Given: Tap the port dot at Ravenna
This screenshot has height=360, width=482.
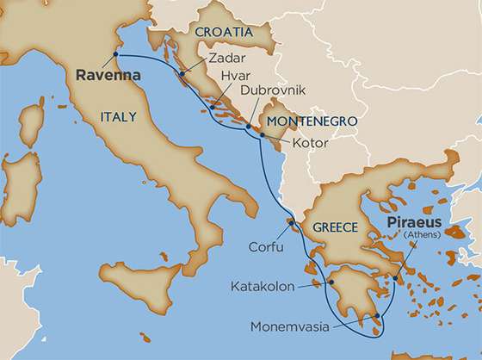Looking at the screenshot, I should (117, 56).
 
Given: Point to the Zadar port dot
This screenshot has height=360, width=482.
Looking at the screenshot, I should (182, 75).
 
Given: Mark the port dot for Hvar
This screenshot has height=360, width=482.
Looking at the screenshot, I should (212, 109).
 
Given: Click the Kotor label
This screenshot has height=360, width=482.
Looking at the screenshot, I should (310, 142).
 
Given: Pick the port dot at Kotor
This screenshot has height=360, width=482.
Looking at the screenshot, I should (263, 134).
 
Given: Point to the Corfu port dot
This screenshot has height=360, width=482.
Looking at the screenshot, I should (292, 226).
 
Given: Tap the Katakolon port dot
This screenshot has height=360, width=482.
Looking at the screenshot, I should (331, 282).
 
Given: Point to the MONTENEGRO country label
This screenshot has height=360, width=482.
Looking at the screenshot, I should (312, 121).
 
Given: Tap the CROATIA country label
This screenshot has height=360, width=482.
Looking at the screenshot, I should (225, 32).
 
